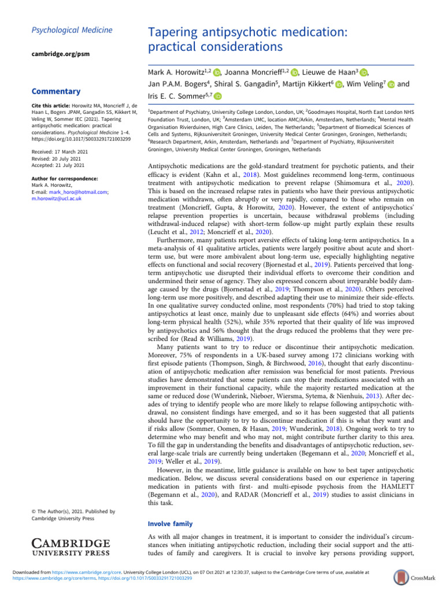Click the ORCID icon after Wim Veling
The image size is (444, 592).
point(389,84)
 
